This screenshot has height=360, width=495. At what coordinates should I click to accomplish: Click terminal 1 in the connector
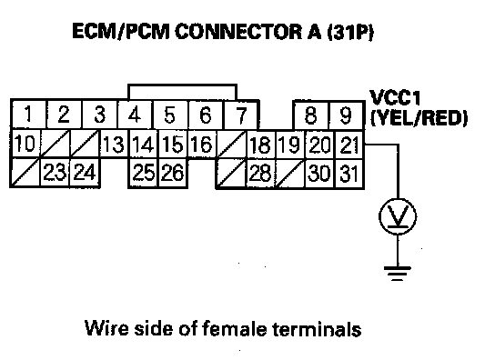point(28,115)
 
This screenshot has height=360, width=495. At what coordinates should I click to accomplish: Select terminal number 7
point(241,115)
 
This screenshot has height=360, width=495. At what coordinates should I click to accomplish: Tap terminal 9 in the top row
point(347,115)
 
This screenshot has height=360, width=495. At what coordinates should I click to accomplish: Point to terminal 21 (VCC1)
point(349,145)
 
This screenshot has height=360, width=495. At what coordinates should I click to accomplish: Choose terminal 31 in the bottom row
point(349,174)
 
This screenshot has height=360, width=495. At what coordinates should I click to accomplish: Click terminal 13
point(114,145)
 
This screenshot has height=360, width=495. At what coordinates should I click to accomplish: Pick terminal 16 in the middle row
point(202,145)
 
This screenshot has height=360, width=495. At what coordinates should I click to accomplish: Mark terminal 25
point(143,173)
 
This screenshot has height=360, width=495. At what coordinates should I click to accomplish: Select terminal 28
point(260,174)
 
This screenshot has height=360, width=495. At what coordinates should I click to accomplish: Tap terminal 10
point(25,144)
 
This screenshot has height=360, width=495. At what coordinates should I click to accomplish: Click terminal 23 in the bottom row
point(55,172)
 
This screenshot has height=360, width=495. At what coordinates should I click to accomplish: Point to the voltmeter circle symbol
point(398,216)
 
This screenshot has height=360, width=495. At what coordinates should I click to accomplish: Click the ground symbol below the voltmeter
point(398,274)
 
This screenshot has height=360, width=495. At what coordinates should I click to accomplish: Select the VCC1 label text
point(395,97)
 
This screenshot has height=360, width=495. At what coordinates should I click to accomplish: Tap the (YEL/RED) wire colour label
point(419,118)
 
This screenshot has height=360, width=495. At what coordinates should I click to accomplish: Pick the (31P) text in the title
point(350,32)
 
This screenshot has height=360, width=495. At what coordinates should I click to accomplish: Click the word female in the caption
point(234,328)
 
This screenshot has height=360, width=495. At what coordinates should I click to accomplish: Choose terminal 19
point(290,145)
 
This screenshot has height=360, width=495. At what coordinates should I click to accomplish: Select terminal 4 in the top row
point(135,115)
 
